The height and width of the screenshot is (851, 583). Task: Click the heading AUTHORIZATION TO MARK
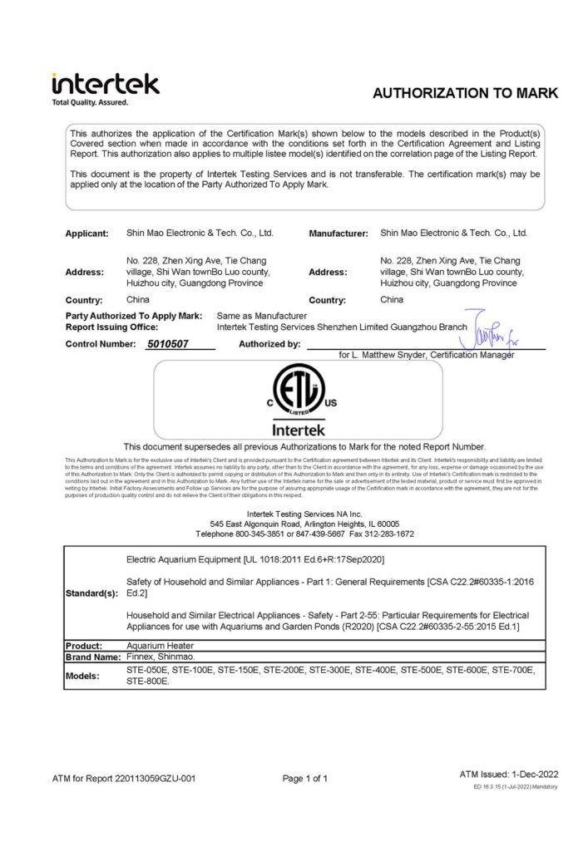click(x=465, y=93)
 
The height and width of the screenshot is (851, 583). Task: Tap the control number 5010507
click(x=167, y=342)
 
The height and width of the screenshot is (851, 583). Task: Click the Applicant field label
click(x=87, y=234)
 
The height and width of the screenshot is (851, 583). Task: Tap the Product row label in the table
click(x=84, y=645)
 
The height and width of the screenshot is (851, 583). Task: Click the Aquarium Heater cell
click(x=161, y=645)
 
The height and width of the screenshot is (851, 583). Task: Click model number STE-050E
click(x=147, y=669)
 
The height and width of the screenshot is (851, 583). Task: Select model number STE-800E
click(x=147, y=681)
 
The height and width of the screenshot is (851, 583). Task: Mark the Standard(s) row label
click(x=92, y=594)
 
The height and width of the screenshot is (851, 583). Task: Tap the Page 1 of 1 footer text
click(x=305, y=779)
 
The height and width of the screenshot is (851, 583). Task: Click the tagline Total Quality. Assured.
click(x=90, y=102)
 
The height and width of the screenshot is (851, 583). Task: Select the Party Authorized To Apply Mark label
click(x=133, y=316)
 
